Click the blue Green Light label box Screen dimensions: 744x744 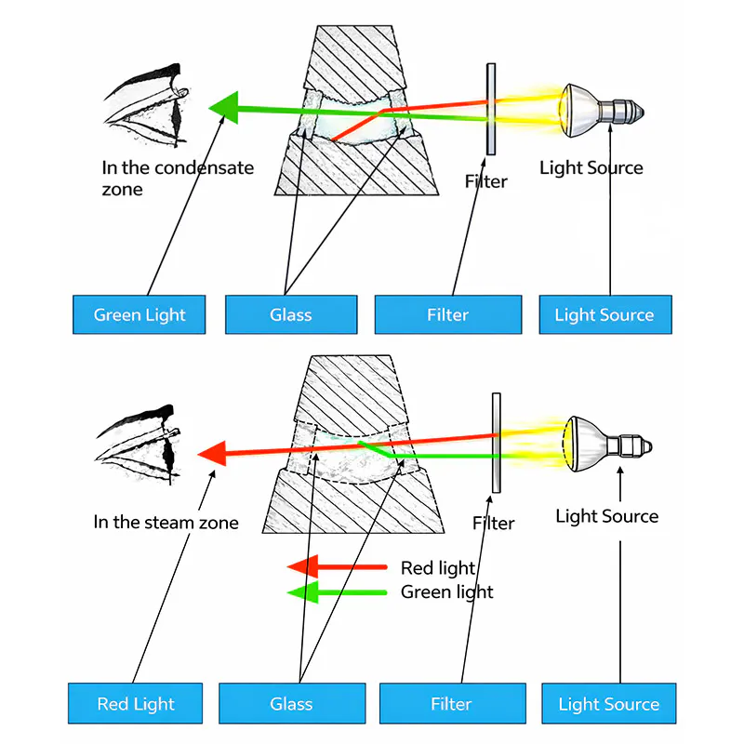(x=139, y=314)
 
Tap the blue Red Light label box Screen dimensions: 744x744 (x=136, y=704)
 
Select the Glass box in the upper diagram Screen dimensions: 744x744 (x=290, y=314)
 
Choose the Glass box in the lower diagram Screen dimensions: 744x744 (x=291, y=704)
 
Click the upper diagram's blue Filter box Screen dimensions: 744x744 (x=447, y=314)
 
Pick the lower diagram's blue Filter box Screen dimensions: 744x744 (x=451, y=704)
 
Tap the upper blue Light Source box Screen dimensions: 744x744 (x=604, y=314)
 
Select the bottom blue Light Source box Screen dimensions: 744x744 (x=608, y=704)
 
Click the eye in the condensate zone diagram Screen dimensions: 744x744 (x=149, y=107)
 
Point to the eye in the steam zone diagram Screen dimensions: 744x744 (x=139, y=444)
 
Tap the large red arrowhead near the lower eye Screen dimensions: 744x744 (x=213, y=453)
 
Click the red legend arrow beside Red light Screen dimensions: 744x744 (x=337, y=566)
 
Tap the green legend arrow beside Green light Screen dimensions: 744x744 (x=337, y=591)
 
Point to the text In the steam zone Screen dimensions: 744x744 (x=166, y=522)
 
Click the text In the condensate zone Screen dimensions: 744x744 (x=177, y=178)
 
